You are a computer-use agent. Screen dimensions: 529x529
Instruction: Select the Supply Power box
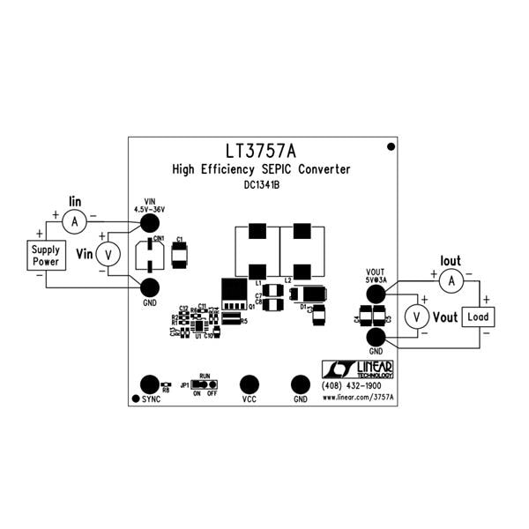46,257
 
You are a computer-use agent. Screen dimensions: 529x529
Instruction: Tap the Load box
477,317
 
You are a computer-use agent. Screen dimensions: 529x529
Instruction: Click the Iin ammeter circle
75,222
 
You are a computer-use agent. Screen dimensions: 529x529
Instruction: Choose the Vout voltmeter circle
414,317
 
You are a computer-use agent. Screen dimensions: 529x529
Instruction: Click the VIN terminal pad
150,225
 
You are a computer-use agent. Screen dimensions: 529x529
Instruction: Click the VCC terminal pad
250,384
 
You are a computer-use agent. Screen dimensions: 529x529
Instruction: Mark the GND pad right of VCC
301,384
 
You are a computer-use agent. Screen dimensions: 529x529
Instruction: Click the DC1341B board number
261,186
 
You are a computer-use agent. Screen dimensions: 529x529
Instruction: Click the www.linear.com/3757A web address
359,399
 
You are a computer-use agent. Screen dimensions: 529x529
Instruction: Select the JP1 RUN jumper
205,385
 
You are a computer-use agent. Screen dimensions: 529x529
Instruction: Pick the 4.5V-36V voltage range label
150,209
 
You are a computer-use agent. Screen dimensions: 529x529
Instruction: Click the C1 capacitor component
181,255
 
